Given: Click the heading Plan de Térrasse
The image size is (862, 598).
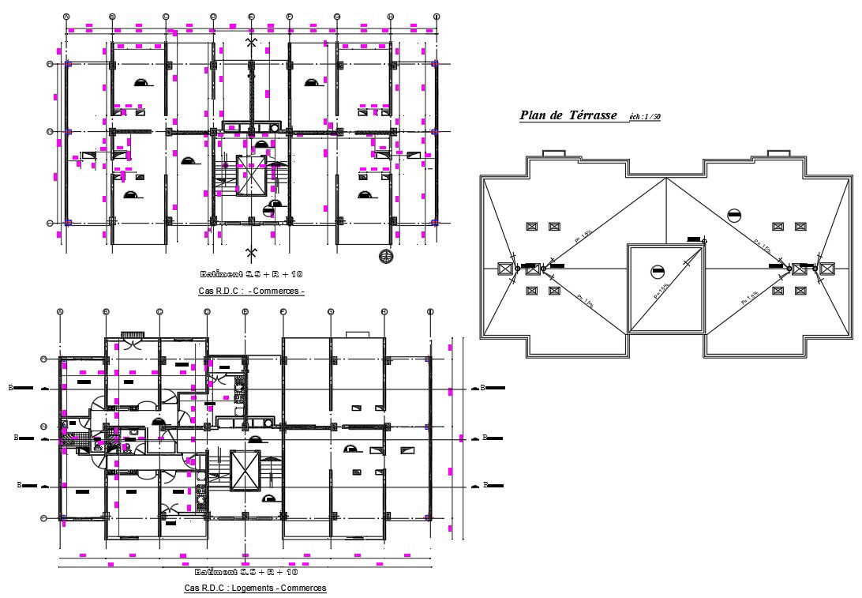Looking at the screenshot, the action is tap(568, 116).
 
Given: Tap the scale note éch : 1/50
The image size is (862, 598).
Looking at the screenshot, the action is tap(645, 117).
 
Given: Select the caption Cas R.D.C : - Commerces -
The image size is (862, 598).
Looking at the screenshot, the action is tap(252, 291).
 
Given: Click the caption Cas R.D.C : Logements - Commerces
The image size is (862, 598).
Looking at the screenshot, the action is tap(255, 588).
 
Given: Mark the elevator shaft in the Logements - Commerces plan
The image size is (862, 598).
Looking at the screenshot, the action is tap(245, 471).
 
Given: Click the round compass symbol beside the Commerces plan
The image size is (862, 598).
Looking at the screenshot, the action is tap(386, 255).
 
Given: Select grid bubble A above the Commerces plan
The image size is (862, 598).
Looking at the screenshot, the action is tap(66, 16).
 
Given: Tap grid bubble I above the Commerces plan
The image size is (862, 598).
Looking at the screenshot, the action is tap(437, 16).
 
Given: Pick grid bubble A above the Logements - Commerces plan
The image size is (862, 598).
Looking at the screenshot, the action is tap(60, 312).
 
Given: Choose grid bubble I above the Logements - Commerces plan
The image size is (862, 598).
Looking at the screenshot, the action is tap(429, 312).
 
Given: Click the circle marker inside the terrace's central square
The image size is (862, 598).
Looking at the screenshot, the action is tap(658, 273).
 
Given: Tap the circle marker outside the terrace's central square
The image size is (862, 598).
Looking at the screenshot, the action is tap(734, 214).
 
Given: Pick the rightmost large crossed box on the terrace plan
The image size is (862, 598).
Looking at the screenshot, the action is tap(826, 269).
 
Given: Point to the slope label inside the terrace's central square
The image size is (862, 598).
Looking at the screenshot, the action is tap(661, 291).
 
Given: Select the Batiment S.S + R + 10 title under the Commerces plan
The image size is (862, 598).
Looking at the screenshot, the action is tap(252, 273).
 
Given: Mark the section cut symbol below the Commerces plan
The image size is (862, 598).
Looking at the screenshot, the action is tap(252, 253).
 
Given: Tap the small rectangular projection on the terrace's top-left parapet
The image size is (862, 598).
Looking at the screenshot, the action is tap(553, 152).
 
